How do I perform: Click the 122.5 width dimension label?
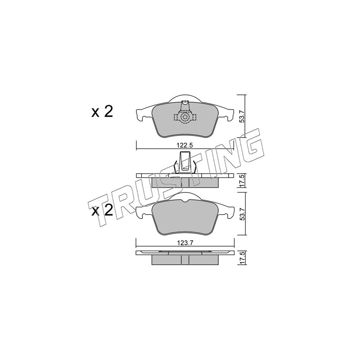coord(184,145)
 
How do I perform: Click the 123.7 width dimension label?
coord(184,243)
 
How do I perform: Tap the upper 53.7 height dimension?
coord(243,116)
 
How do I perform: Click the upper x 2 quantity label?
coord(102,112)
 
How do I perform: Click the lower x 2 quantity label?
coord(102,211)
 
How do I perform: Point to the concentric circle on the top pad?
coord(185,117)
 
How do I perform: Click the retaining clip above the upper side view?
coord(185,163)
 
